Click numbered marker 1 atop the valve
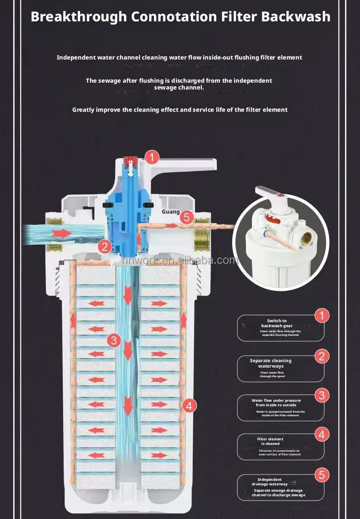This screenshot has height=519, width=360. click(x=152, y=158)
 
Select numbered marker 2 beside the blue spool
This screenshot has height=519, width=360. click(x=105, y=247)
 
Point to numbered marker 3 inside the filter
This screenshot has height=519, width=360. click(x=114, y=340)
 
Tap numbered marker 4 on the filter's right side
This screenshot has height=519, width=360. click(x=190, y=405)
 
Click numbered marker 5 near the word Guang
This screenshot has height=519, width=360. click(x=187, y=218)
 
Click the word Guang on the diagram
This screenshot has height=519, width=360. click(x=171, y=212)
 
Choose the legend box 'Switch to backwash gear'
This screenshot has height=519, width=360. click(x=280, y=328)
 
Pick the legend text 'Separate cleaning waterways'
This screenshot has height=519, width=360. click(x=271, y=363)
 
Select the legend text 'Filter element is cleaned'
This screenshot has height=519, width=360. click(x=270, y=441)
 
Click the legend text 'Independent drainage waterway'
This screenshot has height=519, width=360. click(x=270, y=482)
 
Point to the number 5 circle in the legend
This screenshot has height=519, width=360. click(x=322, y=475)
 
